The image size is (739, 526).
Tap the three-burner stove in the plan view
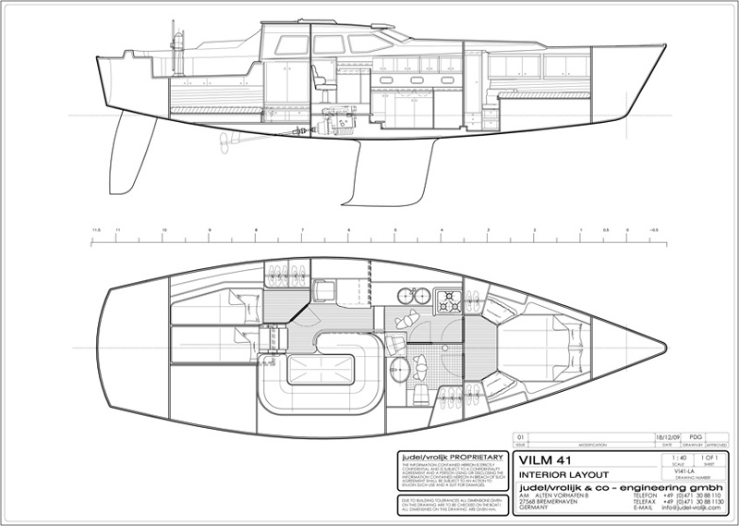point(448,300)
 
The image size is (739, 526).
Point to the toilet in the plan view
point(418,393)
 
